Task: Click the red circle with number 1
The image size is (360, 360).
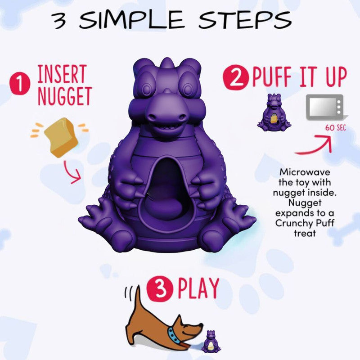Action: click(x=20, y=83)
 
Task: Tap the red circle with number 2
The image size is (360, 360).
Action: click(x=236, y=77)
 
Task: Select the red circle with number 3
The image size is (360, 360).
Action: click(x=160, y=288)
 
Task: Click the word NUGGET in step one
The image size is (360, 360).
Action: click(x=65, y=96)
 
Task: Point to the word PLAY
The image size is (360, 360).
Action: click(x=198, y=288)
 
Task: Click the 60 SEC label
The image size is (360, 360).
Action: click(x=336, y=128)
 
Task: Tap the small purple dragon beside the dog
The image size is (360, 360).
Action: click(x=211, y=342)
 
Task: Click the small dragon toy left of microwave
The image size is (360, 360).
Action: click(x=274, y=112)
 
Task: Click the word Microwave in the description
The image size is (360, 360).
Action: click(x=305, y=172)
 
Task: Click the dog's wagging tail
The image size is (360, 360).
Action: click(x=137, y=300)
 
